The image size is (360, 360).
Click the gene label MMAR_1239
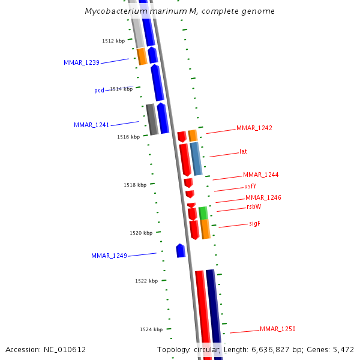(82, 62)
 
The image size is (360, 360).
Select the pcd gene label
(99, 90)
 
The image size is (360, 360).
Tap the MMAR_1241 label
(91, 125)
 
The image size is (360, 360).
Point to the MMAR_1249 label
(109, 256)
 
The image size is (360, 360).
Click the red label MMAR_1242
(254, 128)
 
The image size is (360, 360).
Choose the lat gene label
(243, 151)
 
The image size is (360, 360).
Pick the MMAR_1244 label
(260, 175)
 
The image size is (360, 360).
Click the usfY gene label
(250, 186)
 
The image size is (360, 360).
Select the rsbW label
(254, 206)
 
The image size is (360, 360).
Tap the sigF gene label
(254, 223)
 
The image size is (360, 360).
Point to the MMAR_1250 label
(278, 329)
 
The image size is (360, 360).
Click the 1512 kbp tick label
(113, 41)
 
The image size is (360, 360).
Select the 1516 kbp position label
(128, 137)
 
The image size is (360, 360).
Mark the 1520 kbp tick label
(141, 233)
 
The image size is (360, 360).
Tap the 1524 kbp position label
(151, 329)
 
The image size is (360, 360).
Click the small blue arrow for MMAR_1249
(181, 251)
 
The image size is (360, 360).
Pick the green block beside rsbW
(203, 212)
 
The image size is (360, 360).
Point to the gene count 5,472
(341, 349)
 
